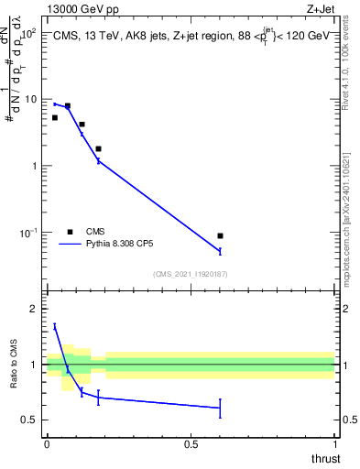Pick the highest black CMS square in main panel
click(x=68, y=106)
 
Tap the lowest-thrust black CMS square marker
click(x=55, y=117)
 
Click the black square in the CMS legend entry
click(x=69, y=232)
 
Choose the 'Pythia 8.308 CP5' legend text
click(x=121, y=245)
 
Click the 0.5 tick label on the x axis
click(x=191, y=444)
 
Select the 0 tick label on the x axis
click(x=47, y=444)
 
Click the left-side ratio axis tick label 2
click(x=35, y=309)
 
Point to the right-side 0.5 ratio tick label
click(x=348, y=420)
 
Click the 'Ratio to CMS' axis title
click(x=13, y=365)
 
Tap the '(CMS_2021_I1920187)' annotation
click(x=191, y=273)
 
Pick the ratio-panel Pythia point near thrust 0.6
click(x=220, y=408)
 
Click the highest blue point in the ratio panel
click(x=55, y=325)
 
